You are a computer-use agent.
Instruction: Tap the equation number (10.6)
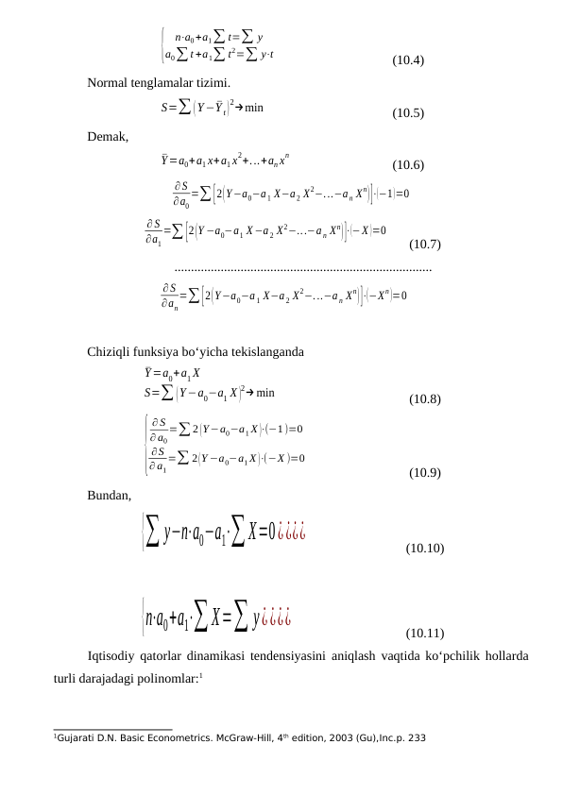(x=407, y=165)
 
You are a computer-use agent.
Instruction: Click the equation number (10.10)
(x=423, y=549)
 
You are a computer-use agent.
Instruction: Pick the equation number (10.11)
(x=423, y=633)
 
